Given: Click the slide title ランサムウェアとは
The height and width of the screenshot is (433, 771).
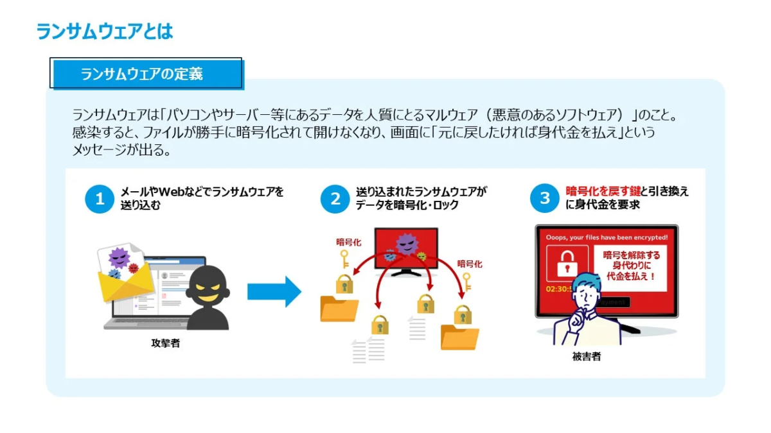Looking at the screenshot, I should [x=105, y=31].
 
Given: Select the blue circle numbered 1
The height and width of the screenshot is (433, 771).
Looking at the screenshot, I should [x=100, y=199].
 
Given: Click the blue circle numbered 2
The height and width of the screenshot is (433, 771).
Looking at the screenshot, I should [x=335, y=199].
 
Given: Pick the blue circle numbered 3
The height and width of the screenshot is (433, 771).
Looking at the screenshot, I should [x=544, y=199].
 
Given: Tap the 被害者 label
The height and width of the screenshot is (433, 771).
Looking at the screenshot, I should [x=586, y=357].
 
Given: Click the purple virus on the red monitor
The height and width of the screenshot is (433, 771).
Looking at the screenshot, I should [x=405, y=244].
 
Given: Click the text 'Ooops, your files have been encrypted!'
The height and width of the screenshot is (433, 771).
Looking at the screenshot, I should [x=606, y=237].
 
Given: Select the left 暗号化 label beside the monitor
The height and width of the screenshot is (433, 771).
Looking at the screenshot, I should [x=350, y=242].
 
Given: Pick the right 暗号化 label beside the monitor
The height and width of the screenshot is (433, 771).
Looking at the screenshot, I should [x=469, y=264].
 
